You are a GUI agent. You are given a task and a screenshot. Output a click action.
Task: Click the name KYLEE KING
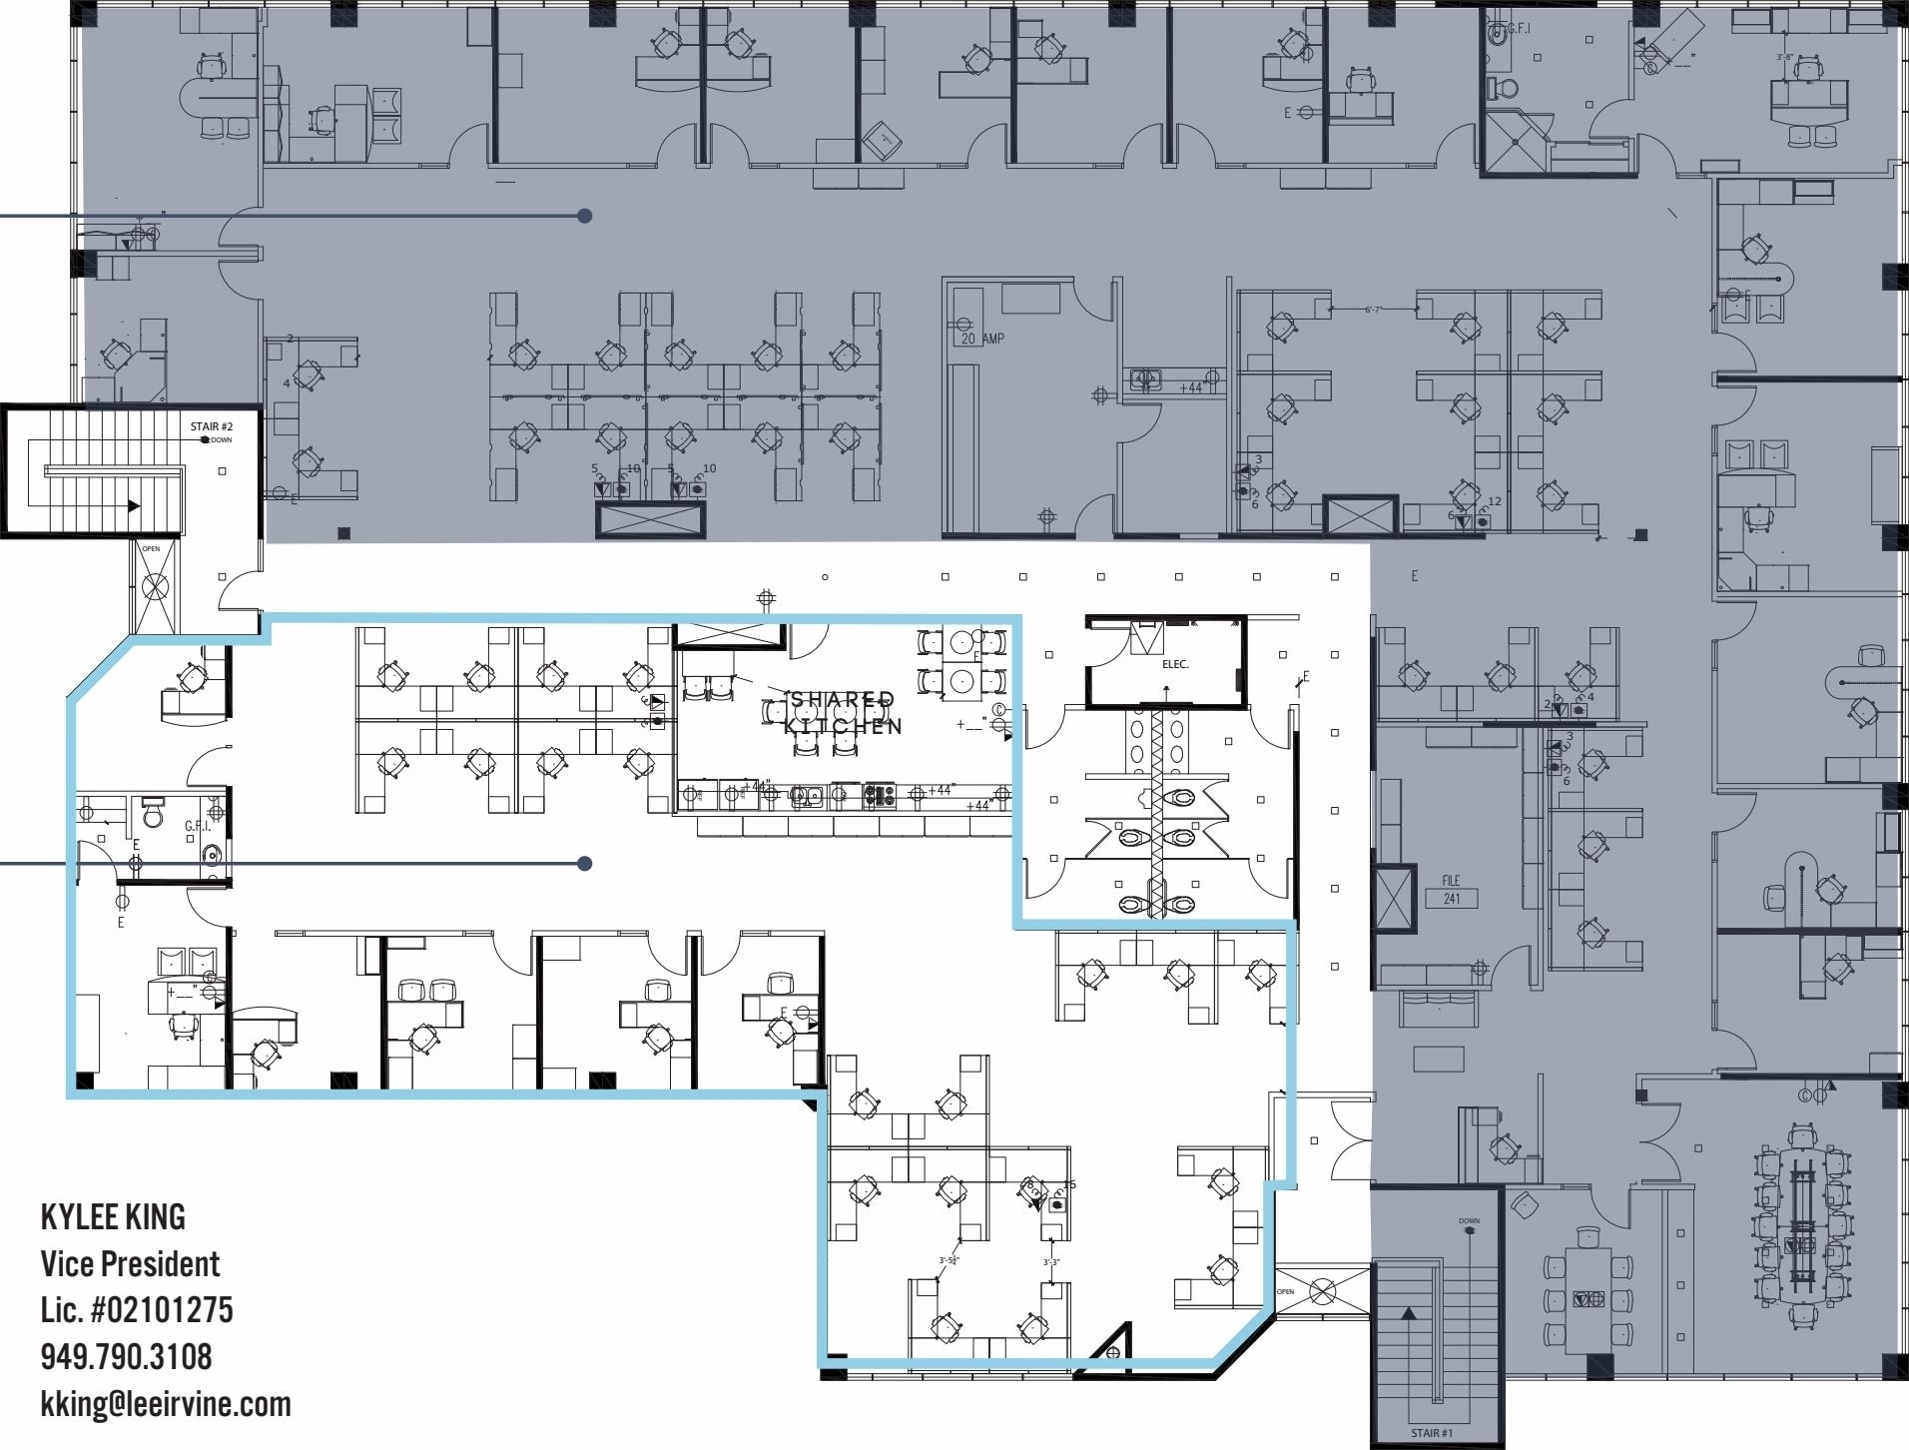tap(113, 1217)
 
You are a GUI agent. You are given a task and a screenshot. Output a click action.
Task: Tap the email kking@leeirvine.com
tap(166, 1404)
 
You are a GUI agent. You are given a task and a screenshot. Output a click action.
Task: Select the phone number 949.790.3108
tap(126, 1357)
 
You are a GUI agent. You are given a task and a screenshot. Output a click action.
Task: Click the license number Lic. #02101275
tap(137, 1310)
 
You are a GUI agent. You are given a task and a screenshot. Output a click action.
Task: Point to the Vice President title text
tap(130, 1264)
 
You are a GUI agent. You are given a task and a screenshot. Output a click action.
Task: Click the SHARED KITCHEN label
tap(844, 713)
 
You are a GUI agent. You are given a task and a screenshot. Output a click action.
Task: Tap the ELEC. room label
tap(1175, 664)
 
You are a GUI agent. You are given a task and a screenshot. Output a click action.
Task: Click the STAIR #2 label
tap(211, 427)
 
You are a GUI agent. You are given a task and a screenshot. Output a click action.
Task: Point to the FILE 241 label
tap(1451, 890)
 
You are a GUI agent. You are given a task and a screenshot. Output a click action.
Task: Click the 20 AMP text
tap(982, 339)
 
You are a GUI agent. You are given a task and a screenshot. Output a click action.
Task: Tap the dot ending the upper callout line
tap(585, 216)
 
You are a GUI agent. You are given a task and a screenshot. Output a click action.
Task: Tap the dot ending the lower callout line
tap(585, 863)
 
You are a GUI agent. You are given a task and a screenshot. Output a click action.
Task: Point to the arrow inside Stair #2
tap(133, 506)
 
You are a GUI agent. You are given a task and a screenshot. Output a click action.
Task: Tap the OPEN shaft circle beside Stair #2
tap(155, 588)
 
